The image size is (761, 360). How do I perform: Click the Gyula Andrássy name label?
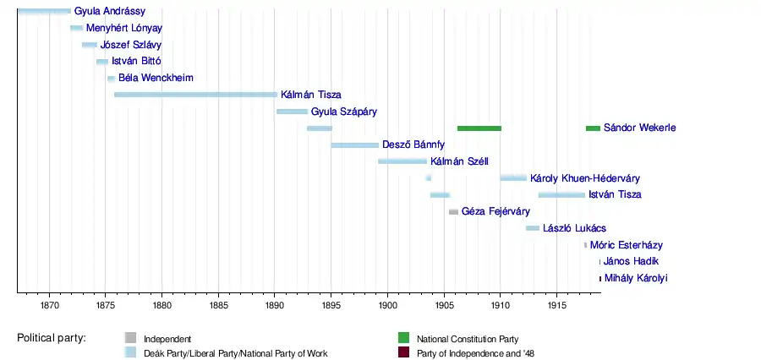pyautogui.click(x=110, y=12)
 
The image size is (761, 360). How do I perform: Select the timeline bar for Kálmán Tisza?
pyautogui.click(x=195, y=95)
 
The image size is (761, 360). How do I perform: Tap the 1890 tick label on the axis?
pyautogui.click(x=274, y=304)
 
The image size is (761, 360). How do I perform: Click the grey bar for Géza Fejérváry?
pyautogui.click(x=453, y=211)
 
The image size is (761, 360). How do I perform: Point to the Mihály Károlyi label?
pyautogui.click(x=636, y=278)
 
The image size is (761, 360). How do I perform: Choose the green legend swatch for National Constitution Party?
pyautogui.click(x=403, y=339)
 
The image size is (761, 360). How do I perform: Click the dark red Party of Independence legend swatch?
pyautogui.click(x=403, y=353)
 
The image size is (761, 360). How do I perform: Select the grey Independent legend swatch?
pyautogui.click(x=130, y=339)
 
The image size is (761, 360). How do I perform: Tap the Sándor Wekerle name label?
pyautogui.click(x=639, y=128)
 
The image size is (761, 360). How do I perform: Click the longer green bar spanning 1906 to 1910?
pyautogui.click(x=479, y=128)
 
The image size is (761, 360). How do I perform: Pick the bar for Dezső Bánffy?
pyautogui.click(x=355, y=145)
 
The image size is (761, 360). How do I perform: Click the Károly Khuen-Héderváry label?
pyautogui.click(x=584, y=178)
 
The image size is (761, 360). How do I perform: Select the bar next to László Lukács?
pyautogui.click(x=533, y=228)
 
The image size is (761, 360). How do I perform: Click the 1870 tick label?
pyautogui.click(x=49, y=304)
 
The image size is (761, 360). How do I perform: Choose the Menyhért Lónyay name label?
pyautogui.click(x=124, y=28)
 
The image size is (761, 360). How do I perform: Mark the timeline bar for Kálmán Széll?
pyautogui.click(x=402, y=161)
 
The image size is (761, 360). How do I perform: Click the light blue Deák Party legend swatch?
pyautogui.click(x=130, y=353)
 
